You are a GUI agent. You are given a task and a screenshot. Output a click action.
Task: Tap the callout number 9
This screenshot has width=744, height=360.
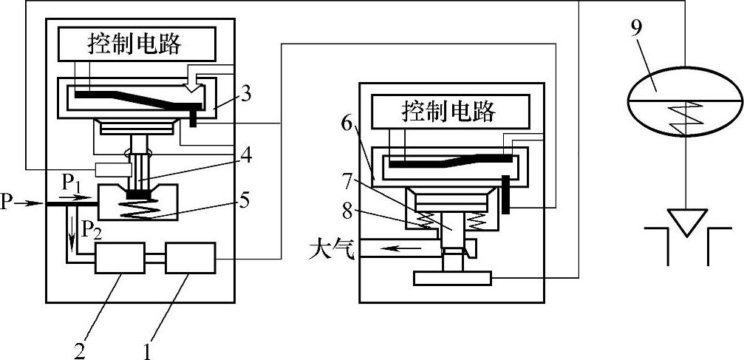click(x=637, y=28)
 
